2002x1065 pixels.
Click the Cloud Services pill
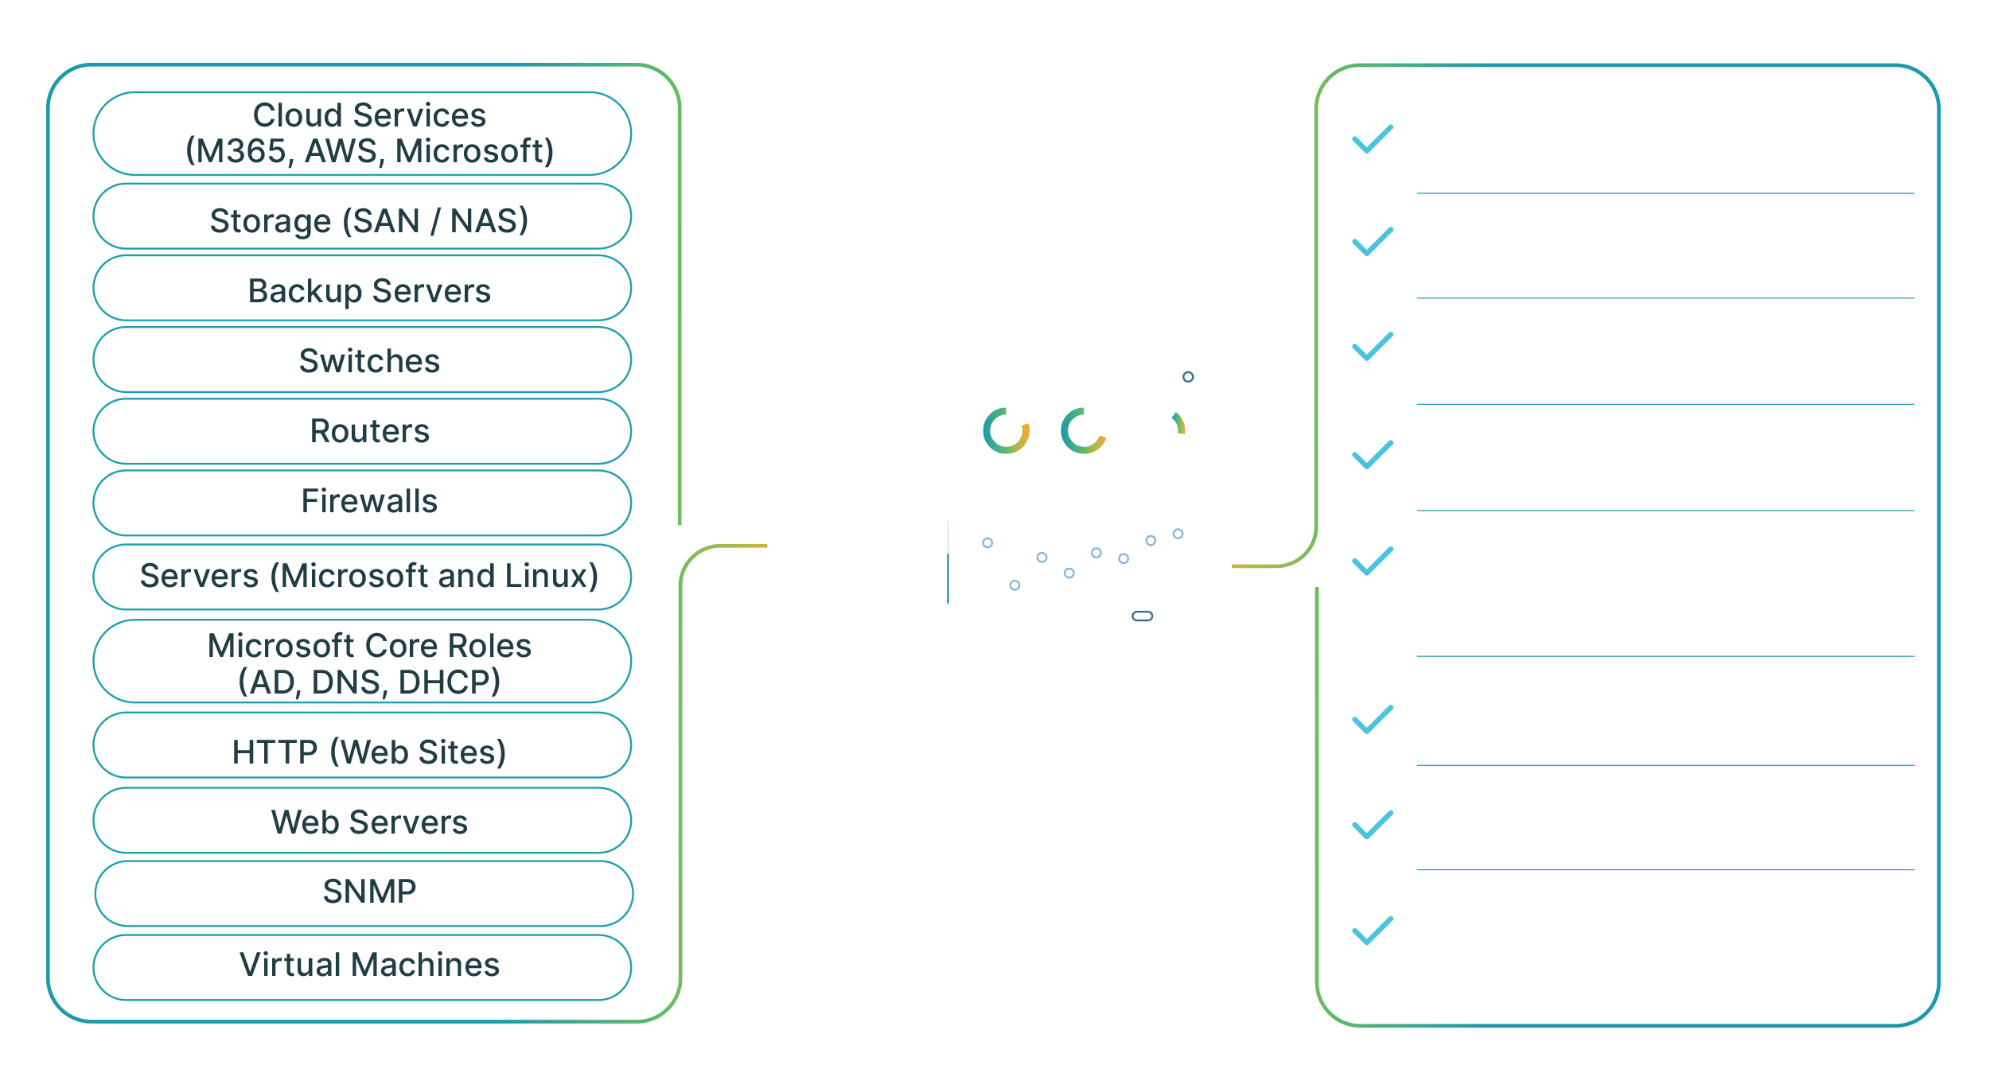(363, 134)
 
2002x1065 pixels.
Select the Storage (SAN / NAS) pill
(363, 219)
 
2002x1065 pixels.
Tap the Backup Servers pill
(363, 290)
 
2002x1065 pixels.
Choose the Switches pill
(363, 360)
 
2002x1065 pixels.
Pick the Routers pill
(363, 431)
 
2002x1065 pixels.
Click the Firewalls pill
(363, 502)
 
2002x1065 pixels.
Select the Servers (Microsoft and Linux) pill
(363, 576)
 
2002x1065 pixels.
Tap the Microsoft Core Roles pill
(363, 663)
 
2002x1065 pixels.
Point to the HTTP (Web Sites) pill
(363, 750)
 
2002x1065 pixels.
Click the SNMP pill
(363, 892)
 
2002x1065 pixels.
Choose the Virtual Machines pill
(363, 966)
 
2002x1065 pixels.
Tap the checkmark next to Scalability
(1373, 825)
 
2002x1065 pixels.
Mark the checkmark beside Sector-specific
(1373, 455)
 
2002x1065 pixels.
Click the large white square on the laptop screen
(829, 439)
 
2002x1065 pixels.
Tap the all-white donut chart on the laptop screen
(1161, 430)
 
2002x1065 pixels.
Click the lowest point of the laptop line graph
(1015, 585)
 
